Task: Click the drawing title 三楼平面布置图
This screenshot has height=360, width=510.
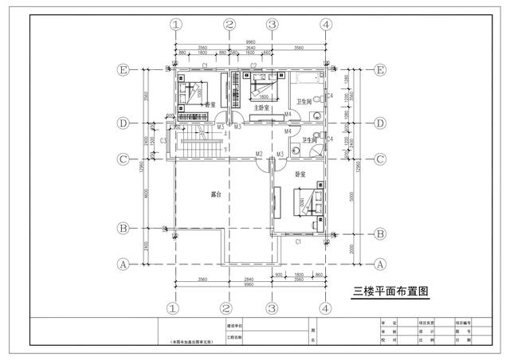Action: click(390, 292)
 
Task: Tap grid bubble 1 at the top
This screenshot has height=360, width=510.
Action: click(176, 25)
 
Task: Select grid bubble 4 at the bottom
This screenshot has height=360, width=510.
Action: click(325, 307)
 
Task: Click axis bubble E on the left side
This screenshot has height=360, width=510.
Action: click(124, 70)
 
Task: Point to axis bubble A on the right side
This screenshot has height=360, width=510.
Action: click(380, 264)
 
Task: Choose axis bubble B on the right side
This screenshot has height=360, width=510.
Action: click(380, 233)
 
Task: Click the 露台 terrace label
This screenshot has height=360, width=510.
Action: click(215, 194)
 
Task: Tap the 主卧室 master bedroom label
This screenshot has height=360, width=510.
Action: click(261, 108)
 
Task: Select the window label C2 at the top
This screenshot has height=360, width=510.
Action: click(253, 65)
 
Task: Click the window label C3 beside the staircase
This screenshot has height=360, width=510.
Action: click(163, 141)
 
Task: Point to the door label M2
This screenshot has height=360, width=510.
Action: click(259, 154)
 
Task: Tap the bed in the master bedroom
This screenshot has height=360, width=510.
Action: click(264, 84)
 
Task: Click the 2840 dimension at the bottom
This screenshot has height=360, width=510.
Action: click(249, 280)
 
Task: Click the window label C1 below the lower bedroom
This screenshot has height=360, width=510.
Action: click(298, 241)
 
